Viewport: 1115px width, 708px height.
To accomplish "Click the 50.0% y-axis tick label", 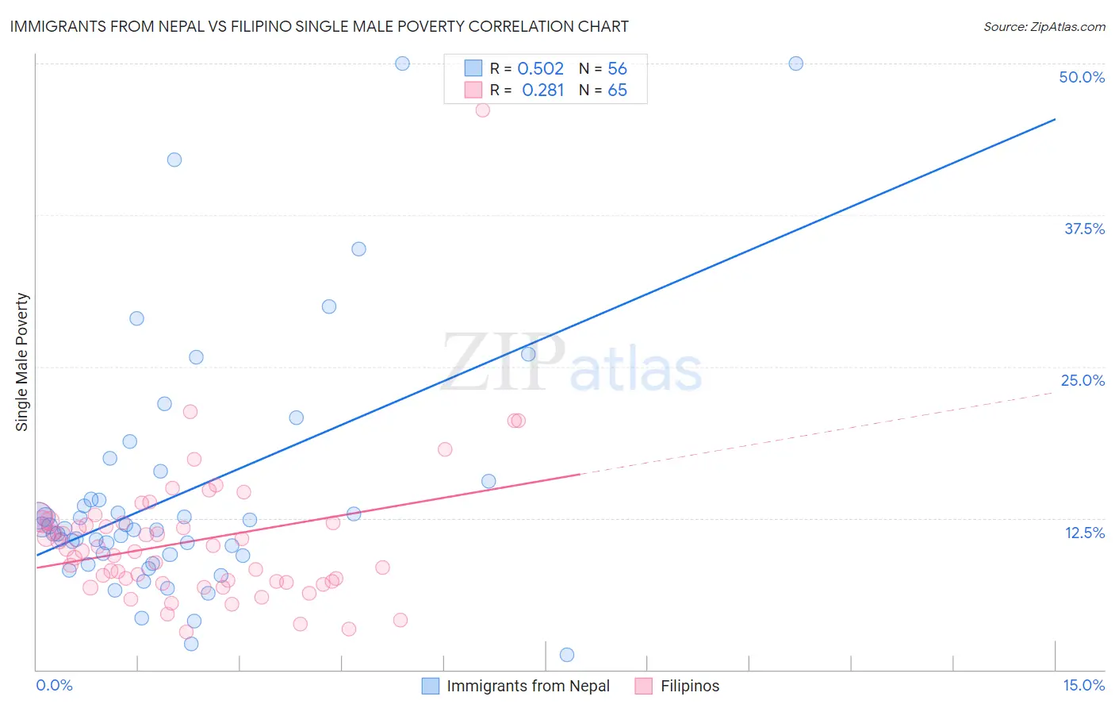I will point(1082,77).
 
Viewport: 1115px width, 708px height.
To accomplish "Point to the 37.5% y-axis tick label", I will point(1084,229).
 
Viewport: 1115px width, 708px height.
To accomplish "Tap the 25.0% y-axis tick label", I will point(1082,380).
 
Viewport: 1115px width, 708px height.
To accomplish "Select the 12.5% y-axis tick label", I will point(1084,533).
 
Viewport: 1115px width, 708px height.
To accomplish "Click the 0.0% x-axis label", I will point(54,686).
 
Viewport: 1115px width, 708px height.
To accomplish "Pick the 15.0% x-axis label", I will point(1083,686).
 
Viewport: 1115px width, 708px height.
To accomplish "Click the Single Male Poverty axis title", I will point(22,362).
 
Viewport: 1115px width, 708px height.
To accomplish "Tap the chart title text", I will point(319,26).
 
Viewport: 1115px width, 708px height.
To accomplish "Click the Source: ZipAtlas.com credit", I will point(1044,26).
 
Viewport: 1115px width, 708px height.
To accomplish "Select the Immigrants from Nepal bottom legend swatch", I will point(430,686).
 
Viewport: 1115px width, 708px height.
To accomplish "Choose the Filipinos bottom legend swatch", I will point(644,686).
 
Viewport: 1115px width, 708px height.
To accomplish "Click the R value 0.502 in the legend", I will point(540,69).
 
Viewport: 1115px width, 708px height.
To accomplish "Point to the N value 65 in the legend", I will point(617,90).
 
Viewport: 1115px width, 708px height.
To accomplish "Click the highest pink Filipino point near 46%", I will point(482,110).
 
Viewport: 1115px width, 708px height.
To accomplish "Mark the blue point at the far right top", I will point(795,63).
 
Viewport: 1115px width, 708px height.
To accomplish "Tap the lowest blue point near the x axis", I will point(567,655).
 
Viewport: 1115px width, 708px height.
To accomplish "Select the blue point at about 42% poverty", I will point(174,160).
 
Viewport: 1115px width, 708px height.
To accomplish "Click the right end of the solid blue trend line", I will point(1055,119).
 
